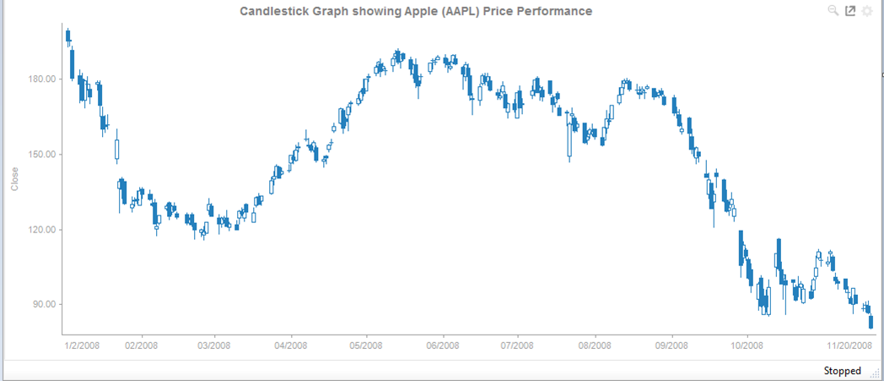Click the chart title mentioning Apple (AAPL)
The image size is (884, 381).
click(416, 11)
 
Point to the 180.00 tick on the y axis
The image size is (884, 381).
click(42, 79)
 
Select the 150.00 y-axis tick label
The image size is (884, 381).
click(42, 155)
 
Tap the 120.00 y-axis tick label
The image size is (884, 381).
click(42, 230)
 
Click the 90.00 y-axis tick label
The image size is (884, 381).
click(45, 305)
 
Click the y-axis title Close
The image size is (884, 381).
click(13, 178)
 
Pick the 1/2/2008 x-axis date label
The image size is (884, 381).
click(83, 346)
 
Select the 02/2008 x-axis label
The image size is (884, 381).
click(142, 346)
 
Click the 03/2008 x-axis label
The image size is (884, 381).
click(214, 346)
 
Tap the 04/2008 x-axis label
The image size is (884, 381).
click(290, 346)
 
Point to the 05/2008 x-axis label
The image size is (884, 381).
click(365, 346)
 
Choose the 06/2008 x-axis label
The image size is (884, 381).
click(442, 346)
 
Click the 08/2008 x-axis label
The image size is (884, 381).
click(595, 346)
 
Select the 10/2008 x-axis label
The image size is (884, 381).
click(747, 346)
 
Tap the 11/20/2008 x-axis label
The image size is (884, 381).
click(849, 346)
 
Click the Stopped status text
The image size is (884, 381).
click(842, 371)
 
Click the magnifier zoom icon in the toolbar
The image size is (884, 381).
click(833, 11)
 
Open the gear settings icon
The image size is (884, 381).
click(866, 12)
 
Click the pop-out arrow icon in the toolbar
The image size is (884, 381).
click(849, 11)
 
